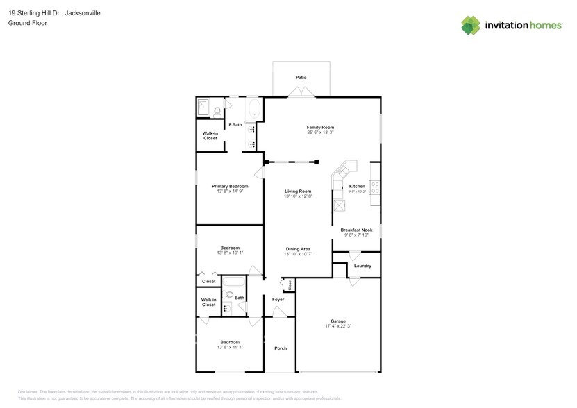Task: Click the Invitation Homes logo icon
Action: click(x=471, y=25)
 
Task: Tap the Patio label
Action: click(x=301, y=78)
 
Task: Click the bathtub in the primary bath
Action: click(x=253, y=110)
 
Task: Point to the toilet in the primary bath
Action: click(x=217, y=111)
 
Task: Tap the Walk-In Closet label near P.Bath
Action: click(x=210, y=135)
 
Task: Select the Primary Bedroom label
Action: click(x=230, y=186)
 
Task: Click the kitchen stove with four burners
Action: click(x=375, y=187)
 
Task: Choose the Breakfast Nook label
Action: click(x=356, y=230)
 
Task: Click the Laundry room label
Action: click(x=362, y=266)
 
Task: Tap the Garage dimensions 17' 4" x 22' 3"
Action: click(x=338, y=326)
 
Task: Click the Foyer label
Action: click(x=278, y=299)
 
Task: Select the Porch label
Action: click(x=280, y=348)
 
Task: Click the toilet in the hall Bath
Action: click(x=227, y=294)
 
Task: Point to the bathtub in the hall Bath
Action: click(x=233, y=282)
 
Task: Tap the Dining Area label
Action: click(x=298, y=248)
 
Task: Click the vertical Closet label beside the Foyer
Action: click(x=290, y=284)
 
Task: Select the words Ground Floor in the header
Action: click(x=25, y=23)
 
